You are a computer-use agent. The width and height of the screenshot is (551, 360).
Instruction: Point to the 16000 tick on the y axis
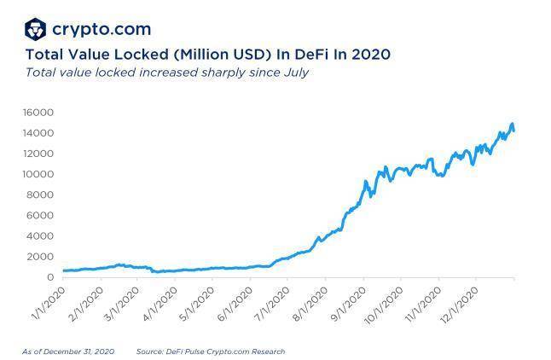pyautogui.click(x=38, y=113)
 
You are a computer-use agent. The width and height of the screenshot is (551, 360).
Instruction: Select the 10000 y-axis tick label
pyautogui.click(x=38, y=174)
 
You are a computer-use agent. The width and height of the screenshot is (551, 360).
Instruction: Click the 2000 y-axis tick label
pyautogui.click(x=41, y=257)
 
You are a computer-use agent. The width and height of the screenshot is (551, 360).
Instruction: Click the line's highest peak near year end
pyautogui.click(x=512, y=125)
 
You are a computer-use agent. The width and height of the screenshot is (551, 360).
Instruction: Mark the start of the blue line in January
pyautogui.click(x=63, y=270)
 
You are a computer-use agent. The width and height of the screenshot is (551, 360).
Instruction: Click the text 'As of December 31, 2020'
pyautogui.click(x=68, y=351)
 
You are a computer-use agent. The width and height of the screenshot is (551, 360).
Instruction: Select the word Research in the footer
pyautogui.click(x=267, y=351)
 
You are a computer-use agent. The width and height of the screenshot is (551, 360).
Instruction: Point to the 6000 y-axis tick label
pyautogui.click(x=41, y=216)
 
